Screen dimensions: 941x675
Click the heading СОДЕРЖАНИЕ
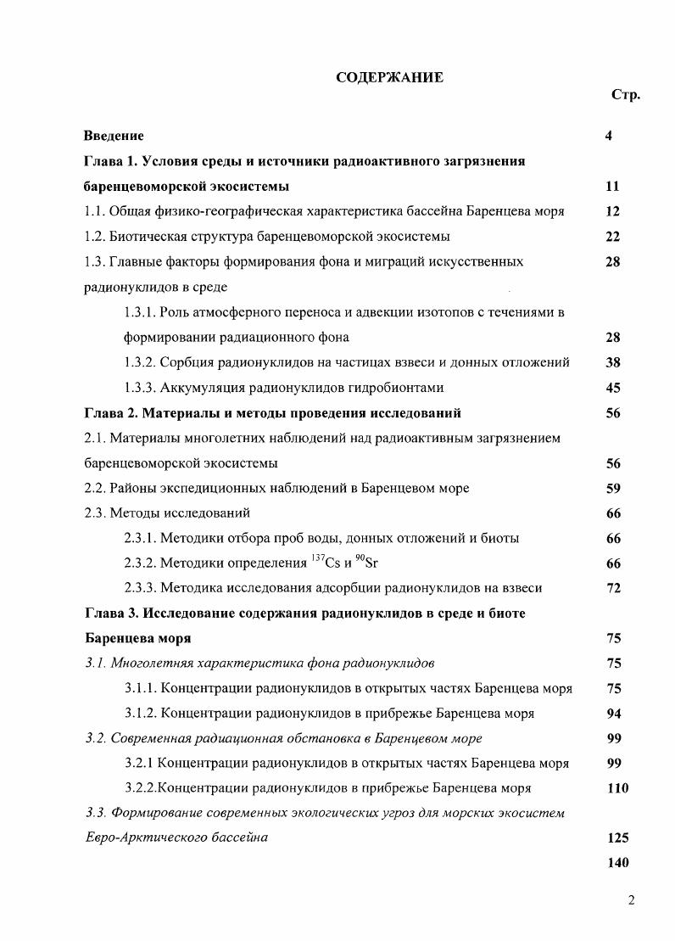[x=389, y=77]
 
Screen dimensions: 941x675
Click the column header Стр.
[x=625, y=95]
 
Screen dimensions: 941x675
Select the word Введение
[x=114, y=136]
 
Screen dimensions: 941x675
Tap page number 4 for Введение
[x=609, y=136]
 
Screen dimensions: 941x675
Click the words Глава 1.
[x=109, y=161]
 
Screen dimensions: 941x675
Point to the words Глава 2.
[x=109, y=413]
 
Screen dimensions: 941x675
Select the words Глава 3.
[x=109, y=613]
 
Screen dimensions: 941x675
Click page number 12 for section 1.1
[x=613, y=211]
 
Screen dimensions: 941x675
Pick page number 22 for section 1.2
[x=613, y=237]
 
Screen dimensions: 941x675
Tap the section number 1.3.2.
[x=140, y=362]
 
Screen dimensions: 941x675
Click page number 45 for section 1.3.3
[x=613, y=388]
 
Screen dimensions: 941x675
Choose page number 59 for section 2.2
[x=613, y=488]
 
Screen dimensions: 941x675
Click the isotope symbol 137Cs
[x=326, y=563]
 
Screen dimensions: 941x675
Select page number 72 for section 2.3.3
[x=613, y=588]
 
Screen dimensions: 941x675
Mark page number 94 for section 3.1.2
[x=613, y=714]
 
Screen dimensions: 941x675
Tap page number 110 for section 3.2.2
[x=617, y=788]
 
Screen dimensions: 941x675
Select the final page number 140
[x=617, y=863]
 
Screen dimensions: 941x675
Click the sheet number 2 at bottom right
[x=631, y=901]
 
